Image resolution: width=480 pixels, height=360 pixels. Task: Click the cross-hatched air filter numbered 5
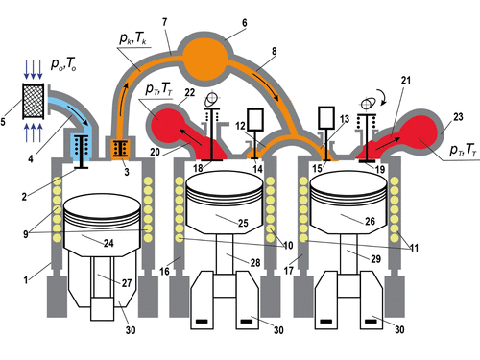coord(33,101)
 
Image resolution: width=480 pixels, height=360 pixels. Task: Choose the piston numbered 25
coord(225,203)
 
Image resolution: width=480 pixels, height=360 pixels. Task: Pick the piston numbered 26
coord(348,203)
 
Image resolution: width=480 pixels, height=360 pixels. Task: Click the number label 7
coord(165,22)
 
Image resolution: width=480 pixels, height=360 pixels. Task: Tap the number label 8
coord(275,51)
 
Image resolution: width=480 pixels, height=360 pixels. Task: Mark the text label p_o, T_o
coord(63,64)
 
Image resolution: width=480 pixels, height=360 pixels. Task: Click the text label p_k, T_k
coord(133,38)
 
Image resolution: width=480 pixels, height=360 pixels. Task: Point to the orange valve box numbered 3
coord(121,149)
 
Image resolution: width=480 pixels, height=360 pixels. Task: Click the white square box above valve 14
coord(255,119)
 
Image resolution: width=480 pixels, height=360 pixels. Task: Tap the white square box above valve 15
coord(326,118)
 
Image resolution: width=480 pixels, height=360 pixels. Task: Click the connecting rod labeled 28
coord(225,254)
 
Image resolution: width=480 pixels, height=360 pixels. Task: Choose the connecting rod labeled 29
coord(348,254)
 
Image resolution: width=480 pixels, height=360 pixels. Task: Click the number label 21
coord(406,80)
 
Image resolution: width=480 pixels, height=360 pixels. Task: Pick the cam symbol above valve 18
coord(212,99)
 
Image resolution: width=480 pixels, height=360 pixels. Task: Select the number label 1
coord(26,280)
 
